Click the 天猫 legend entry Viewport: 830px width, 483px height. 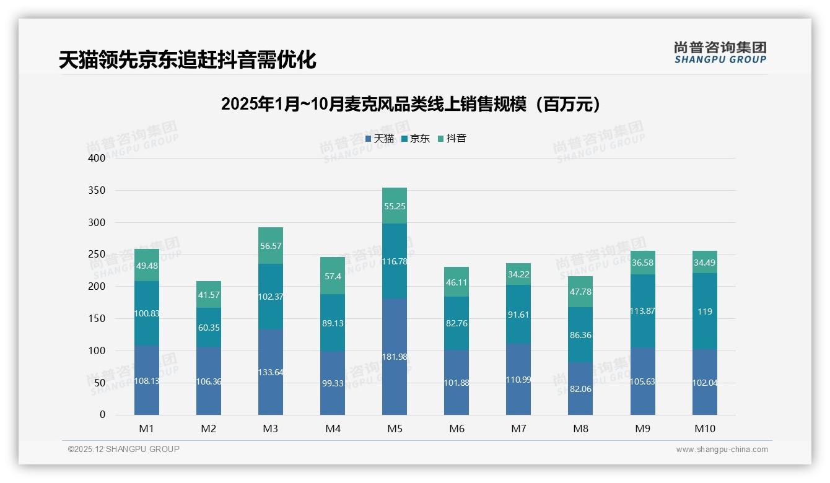pyautogui.click(x=379, y=139)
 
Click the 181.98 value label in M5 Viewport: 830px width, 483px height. pyautogui.click(x=395, y=357)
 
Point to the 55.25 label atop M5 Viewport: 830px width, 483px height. pyautogui.click(x=395, y=206)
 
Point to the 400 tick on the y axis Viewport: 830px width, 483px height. pyautogui.click(x=97, y=158)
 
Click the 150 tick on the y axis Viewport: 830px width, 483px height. pyautogui.click(x=97, y=318)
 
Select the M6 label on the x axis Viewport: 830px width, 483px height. pyautogui.click(x=456, y=429)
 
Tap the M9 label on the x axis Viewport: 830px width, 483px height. pyautogui.click(x=642, y=429)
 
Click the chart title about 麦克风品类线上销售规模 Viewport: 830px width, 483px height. pyautogui.click(x=411, y=104)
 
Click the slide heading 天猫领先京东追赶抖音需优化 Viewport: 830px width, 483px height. pyautogui.click(x=188, y=60)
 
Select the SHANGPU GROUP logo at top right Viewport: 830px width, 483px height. pyautogui.click(x=720, y=53)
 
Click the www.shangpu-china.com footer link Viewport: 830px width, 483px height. pyautogui.click(x=722, y=450)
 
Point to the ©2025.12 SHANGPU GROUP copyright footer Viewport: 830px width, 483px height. pyautogui.click(x=124, y=449)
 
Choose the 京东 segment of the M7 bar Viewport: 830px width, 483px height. pyautogui.click(x=518, y=315)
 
